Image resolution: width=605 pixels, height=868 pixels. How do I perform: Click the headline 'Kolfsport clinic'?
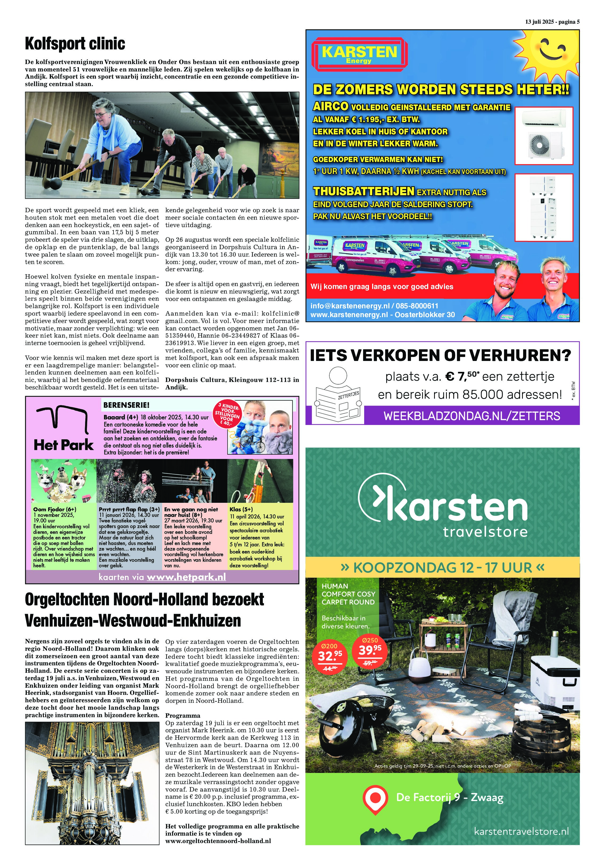coord(75,44)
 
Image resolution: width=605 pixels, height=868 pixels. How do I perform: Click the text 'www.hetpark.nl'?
coord(186,577)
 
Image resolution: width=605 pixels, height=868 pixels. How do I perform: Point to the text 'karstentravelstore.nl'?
coord(521,831)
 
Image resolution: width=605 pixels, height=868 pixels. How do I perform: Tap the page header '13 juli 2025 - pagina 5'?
coord(552,22)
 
